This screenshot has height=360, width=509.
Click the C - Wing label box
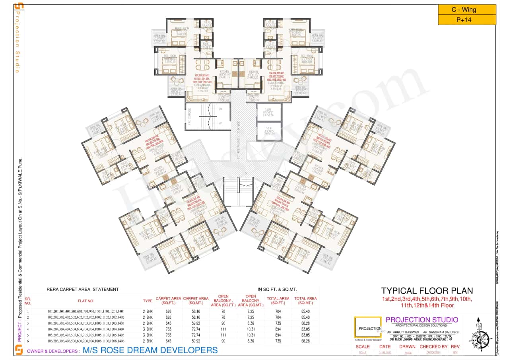click(467, 10)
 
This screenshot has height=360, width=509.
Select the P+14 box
click(467, 20)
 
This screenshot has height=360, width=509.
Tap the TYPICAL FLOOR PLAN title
click(427, 291)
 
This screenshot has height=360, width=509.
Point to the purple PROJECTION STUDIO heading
click(422, 320)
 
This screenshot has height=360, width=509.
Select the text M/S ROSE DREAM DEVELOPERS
click(150, 350)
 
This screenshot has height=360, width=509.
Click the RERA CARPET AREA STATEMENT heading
click(83, 290)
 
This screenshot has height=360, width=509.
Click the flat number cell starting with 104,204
click(85, 329)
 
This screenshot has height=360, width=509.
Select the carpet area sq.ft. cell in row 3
click(168, 323)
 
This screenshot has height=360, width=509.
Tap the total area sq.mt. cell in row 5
click(305, 335)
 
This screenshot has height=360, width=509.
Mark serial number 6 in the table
click(28, 341)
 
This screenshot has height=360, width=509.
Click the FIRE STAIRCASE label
click(190, 116)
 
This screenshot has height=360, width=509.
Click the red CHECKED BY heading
click(431, 346)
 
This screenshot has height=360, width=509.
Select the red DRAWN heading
click(407, 346)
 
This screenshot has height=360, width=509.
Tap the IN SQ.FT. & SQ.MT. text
click(277, 290)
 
